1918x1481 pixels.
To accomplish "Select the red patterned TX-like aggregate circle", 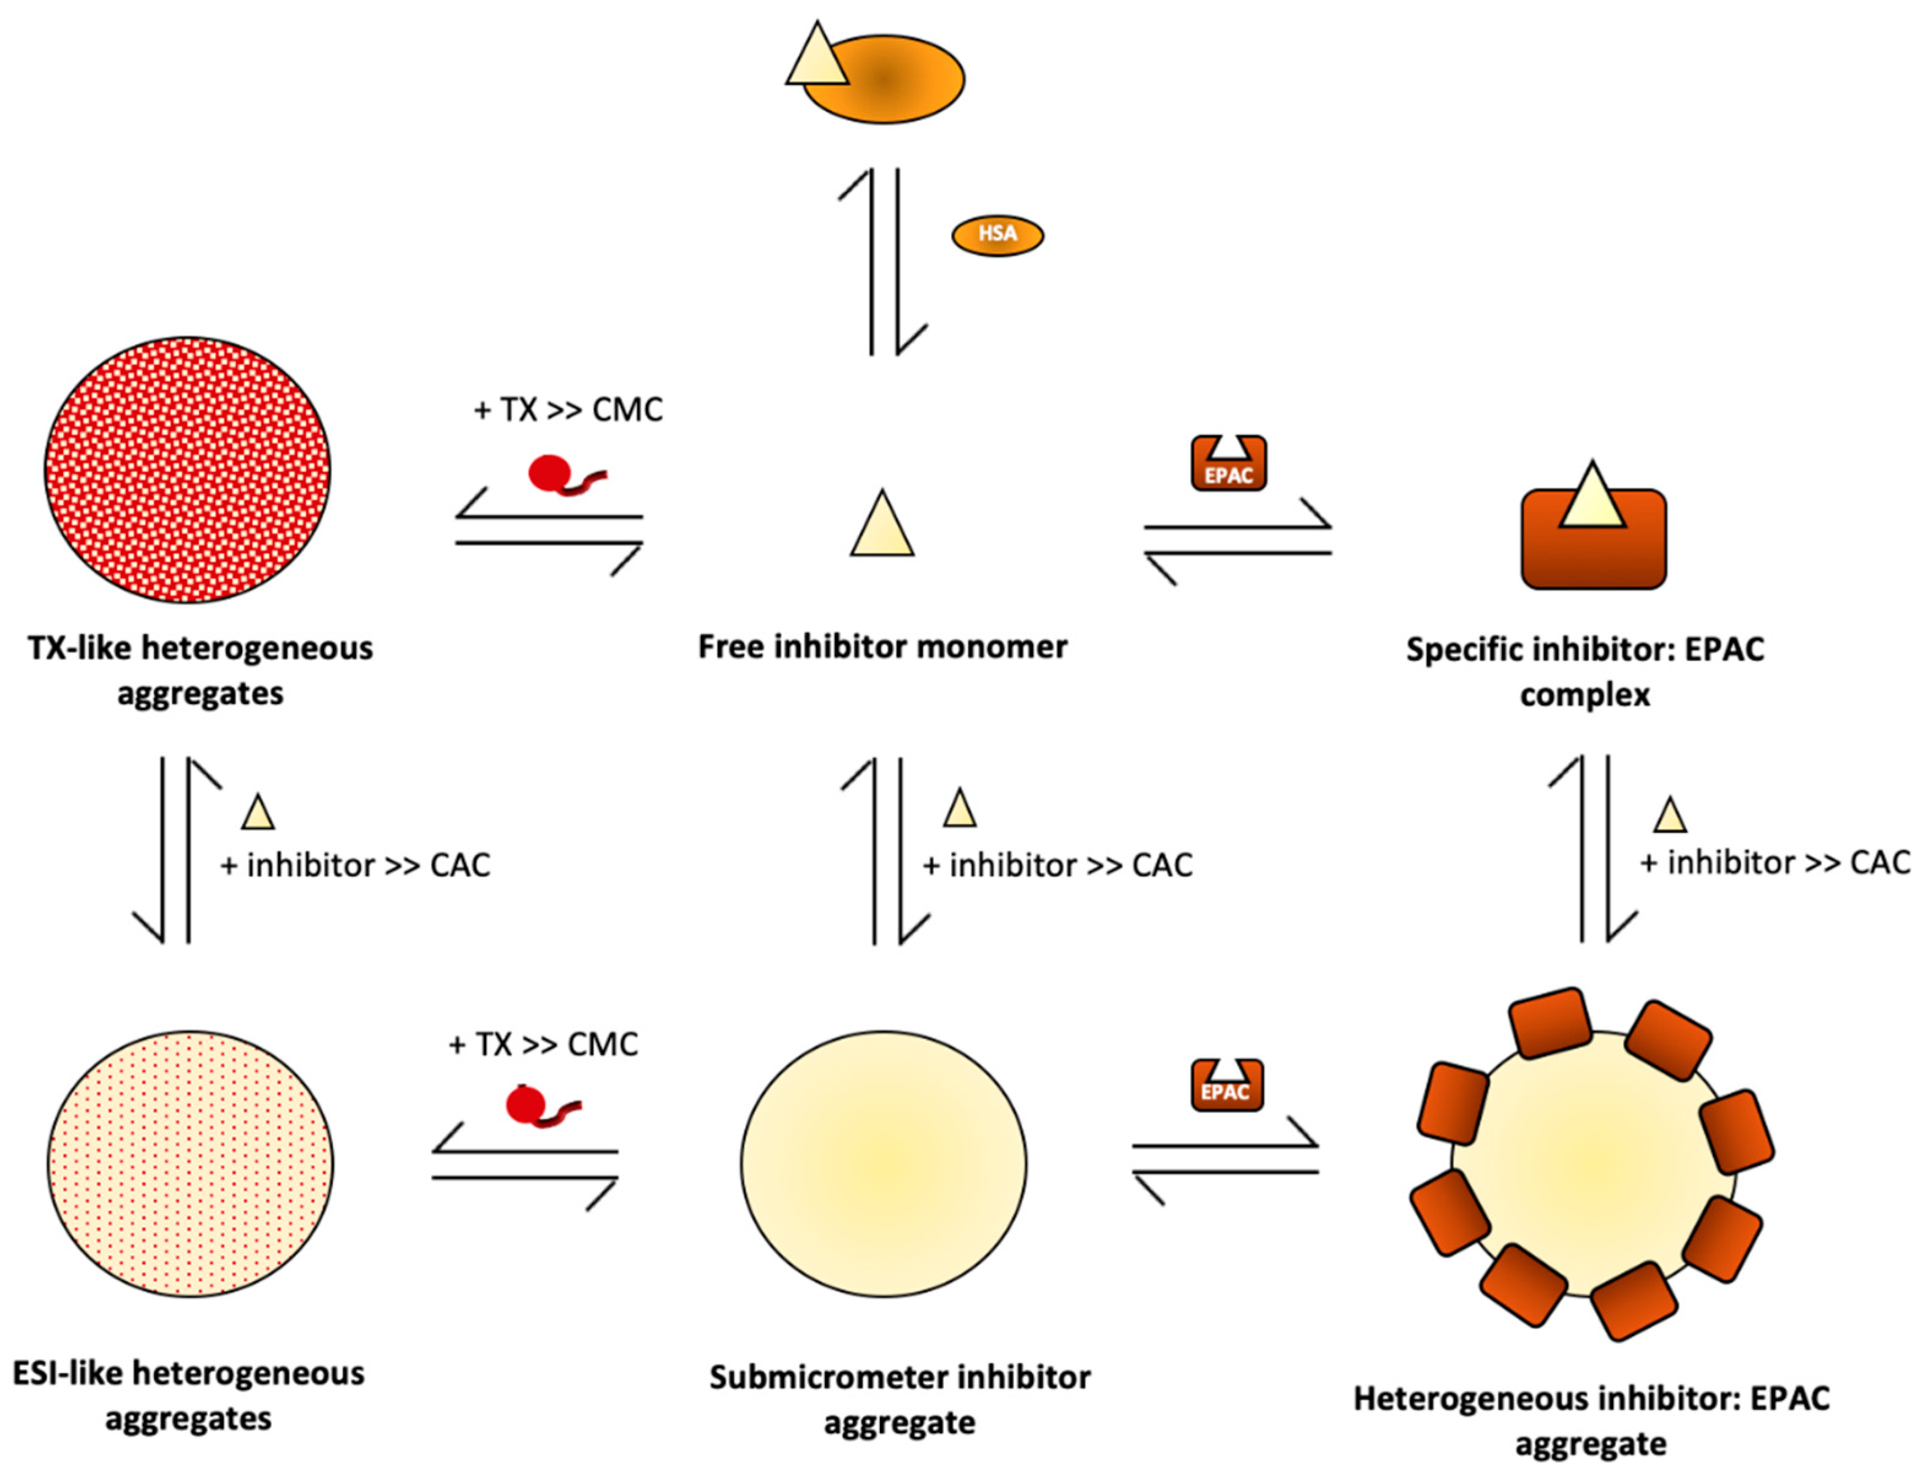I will (x=188, y=470).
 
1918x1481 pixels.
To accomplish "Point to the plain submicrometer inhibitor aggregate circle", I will (x=884, y=1164).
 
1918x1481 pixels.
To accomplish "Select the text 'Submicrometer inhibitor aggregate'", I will (x=900, y=1399).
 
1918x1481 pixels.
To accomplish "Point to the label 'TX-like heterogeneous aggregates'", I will (x=201, y=670).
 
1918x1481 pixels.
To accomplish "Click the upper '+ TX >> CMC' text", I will (x=568, y=409).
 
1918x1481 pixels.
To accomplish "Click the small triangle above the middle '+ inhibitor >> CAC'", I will (x=959, y=809).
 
